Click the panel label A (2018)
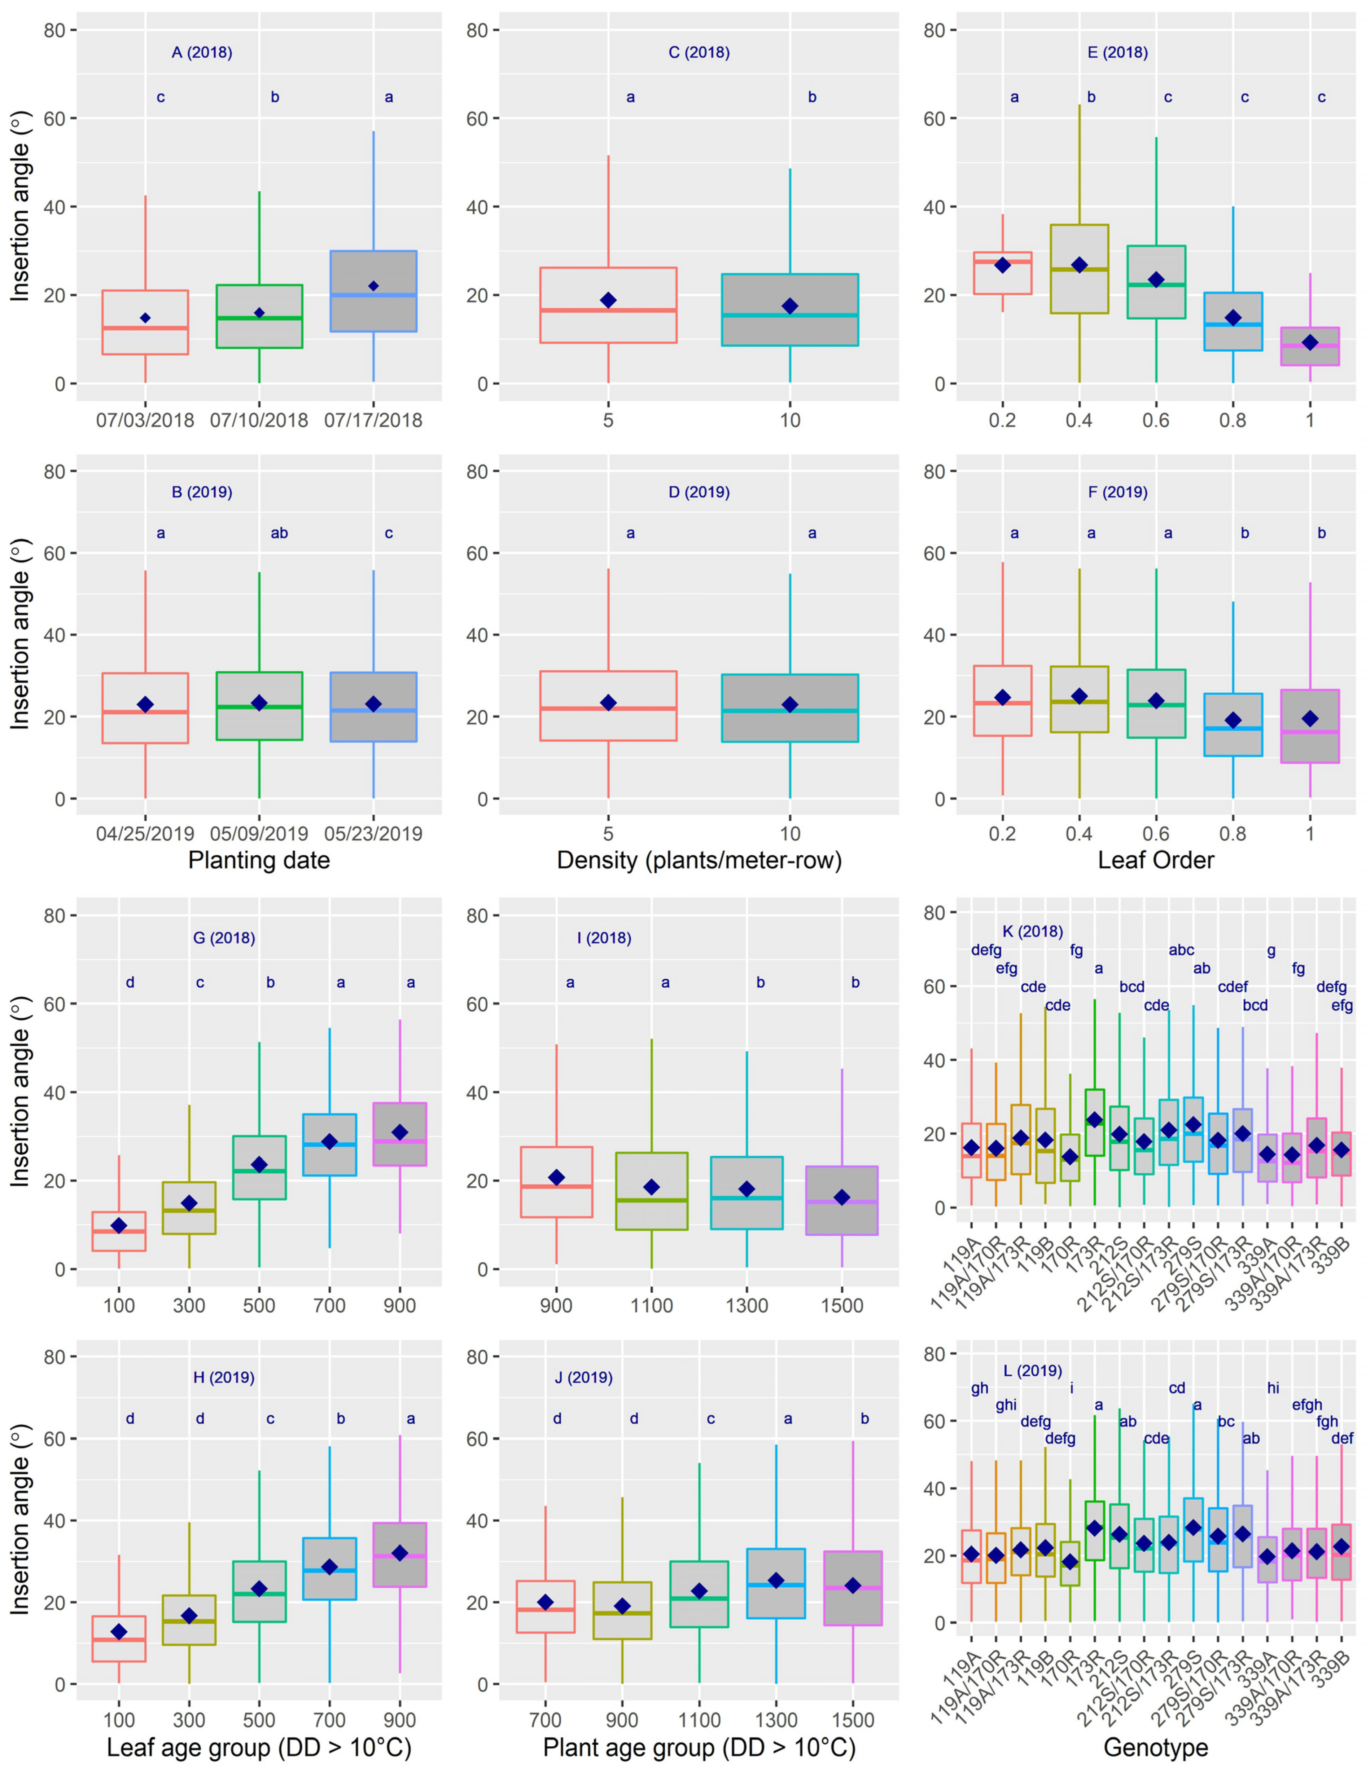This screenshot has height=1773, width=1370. [201, 53]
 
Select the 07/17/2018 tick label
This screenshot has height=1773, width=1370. [373, 420]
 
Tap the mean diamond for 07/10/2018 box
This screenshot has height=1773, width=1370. [259, 313]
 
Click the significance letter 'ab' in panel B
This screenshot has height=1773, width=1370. [279, 533]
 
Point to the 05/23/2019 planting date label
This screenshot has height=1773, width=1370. [373, 834]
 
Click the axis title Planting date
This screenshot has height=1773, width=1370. [259, 860]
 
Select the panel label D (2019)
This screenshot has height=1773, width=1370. [699, 492]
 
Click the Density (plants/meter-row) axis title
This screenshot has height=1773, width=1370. [699, 860]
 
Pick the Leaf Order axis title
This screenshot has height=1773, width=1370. [1156, 860]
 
